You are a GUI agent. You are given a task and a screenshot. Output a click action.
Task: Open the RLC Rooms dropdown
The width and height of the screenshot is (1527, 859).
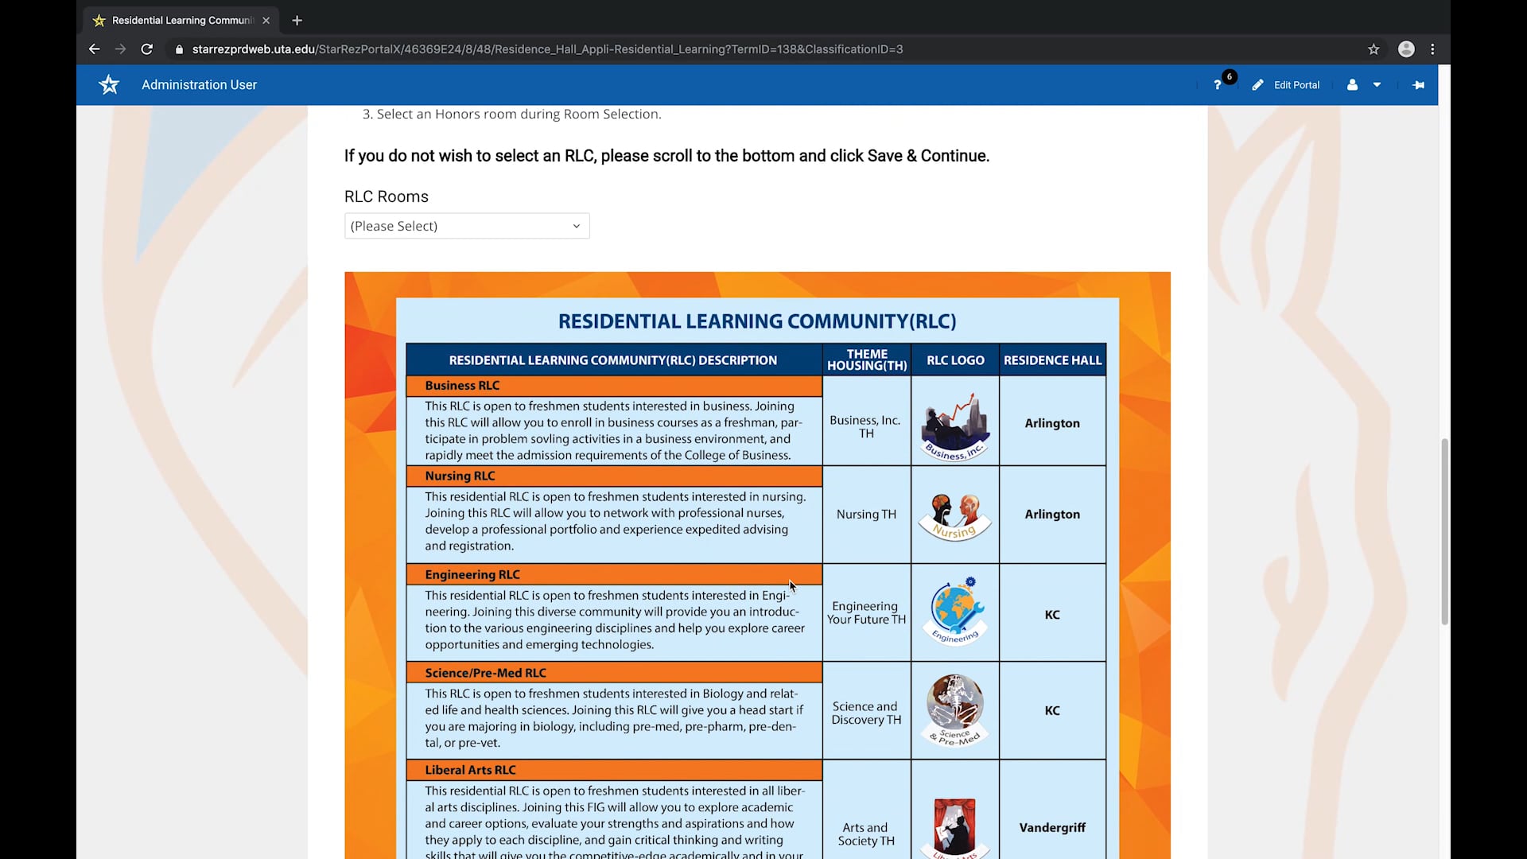[467, 226]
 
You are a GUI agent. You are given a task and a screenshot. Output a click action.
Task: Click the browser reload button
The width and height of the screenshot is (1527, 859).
[147, 49]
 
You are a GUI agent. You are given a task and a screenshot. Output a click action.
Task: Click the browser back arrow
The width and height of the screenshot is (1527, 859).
[95, 49]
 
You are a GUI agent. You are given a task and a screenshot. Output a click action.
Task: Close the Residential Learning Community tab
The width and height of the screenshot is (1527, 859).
[266, 21]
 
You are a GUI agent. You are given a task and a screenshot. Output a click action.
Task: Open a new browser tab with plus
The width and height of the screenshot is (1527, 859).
[297, 21]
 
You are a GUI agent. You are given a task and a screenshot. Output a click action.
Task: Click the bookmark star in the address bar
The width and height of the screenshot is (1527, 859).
[1374, 49]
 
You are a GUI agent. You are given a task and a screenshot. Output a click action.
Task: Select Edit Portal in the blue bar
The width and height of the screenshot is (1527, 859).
[1287, 85]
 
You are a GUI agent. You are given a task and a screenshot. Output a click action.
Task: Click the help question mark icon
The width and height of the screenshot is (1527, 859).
[1218, 85]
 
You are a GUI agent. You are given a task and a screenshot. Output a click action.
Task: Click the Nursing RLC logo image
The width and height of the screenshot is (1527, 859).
[955, 516]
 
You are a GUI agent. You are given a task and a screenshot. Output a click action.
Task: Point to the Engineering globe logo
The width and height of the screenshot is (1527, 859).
[955, 611]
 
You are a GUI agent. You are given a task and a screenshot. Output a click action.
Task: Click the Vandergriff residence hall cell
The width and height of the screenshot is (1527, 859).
[1052, 828]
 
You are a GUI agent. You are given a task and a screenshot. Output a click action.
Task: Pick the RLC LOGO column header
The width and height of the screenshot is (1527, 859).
[955, 360]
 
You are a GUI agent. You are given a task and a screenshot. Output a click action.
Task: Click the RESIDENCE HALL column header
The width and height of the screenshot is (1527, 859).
[1052, 360]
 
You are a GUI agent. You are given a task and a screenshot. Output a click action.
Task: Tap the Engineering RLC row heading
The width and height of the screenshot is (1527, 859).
[472, 574]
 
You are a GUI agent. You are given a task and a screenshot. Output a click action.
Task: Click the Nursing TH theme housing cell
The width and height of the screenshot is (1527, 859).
[866, 515]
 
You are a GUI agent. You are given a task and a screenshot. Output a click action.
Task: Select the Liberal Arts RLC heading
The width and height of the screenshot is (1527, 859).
[470, 770]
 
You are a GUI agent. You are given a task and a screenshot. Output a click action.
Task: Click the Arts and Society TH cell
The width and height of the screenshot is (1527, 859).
[866, 834]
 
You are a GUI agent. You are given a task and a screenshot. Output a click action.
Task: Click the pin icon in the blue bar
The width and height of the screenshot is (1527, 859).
[1418, 85]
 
